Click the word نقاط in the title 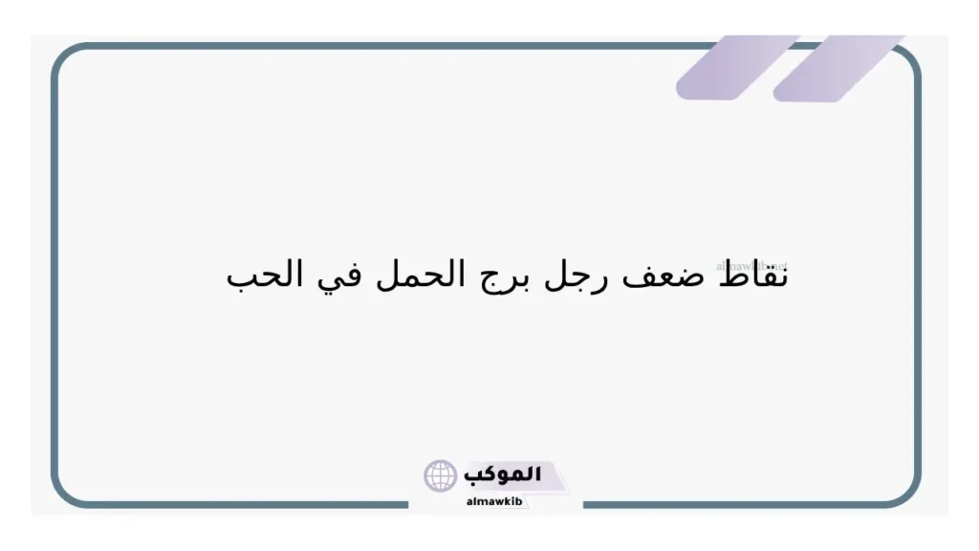click(751, 275)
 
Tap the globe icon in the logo click(441, 475)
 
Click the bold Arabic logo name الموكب click(502, 474)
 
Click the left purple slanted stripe click(736, 68)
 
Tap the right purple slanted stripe click(837, 68)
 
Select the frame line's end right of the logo click(584, 504)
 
